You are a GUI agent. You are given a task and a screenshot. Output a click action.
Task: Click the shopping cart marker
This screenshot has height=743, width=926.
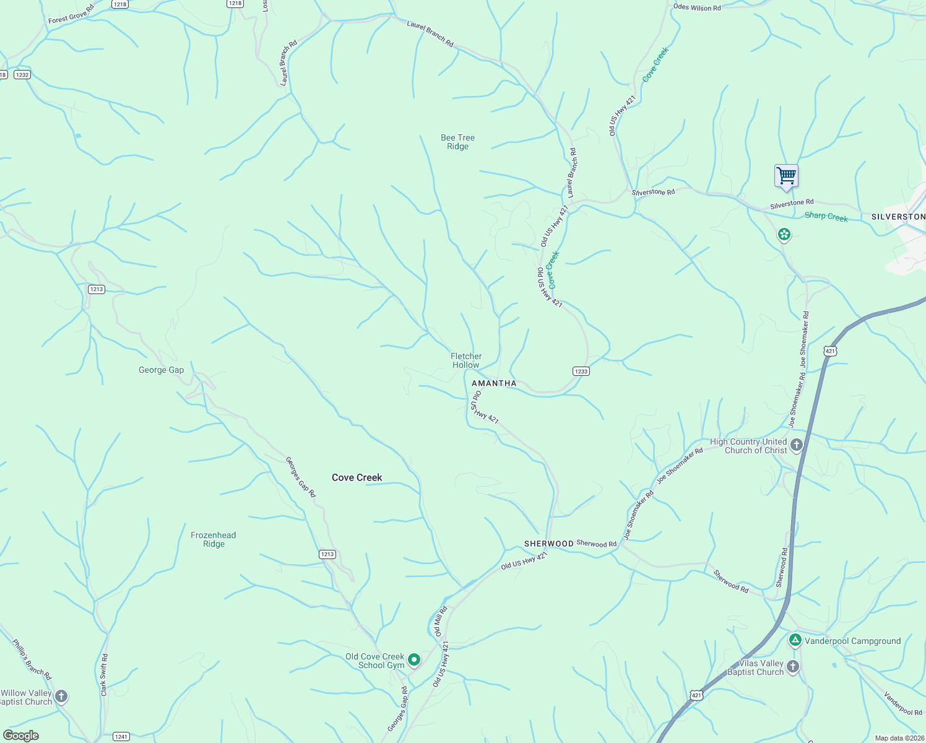coord(786,176)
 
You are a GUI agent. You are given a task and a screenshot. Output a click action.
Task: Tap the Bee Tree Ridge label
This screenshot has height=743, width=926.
coord(457,142)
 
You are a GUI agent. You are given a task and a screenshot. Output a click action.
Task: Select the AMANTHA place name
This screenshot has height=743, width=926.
coord(494,383)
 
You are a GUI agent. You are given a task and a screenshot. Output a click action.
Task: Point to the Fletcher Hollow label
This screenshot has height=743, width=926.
coord(465,360)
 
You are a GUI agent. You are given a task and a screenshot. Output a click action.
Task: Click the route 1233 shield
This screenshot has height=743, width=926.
coord(581,371)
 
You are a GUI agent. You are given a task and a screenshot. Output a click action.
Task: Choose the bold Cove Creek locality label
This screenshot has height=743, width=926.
coord(357,477)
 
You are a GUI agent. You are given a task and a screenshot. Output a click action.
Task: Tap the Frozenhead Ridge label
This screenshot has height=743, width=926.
coord(213,539)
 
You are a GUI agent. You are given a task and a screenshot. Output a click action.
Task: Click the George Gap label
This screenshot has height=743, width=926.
coord(161,370)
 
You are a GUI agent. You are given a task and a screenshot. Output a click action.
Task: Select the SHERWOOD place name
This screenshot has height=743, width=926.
coord(548,544)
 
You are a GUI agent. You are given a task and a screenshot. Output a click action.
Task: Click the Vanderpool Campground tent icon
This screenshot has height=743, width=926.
coord(795,640)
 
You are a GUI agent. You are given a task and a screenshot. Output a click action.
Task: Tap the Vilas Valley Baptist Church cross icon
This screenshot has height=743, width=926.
coord(793,667)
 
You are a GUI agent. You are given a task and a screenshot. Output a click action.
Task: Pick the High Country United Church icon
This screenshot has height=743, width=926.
coord(797,445)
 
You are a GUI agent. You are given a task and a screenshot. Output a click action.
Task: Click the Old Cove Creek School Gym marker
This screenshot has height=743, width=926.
coord(414,660)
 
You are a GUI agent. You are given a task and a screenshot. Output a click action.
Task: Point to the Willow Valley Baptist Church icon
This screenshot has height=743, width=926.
coord(61,697)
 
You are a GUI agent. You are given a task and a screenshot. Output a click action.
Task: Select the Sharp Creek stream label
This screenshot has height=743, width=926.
coord(826,217)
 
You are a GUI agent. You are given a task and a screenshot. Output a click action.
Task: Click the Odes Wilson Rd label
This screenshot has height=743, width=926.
coord(697,8)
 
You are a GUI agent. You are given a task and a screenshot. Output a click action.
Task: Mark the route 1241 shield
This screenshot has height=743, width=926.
coord(121,736)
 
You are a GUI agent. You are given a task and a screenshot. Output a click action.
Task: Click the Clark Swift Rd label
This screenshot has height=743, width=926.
coord(104,675)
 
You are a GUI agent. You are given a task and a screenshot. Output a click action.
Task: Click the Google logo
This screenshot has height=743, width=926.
coord(21,735)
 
